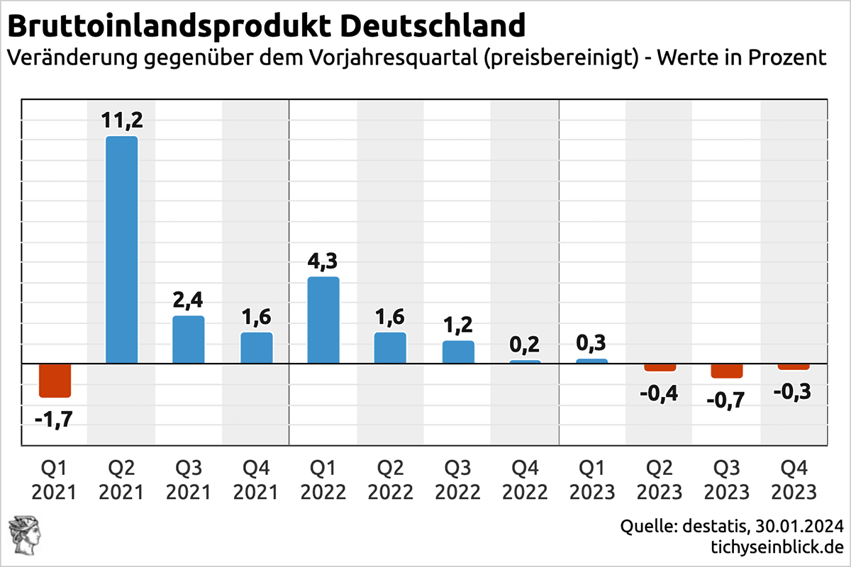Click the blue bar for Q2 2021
coord(121,249)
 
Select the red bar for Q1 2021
coord(55,381)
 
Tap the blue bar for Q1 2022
coord(323,320)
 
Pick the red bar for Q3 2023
coord(727,371)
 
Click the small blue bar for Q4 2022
coord(525,361)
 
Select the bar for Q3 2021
coord(189,339)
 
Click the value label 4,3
coord(323,262)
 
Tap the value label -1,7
coord(53,420)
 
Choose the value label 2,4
coord(189,301)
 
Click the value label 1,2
coord(458,326)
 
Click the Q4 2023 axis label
coord(793,480)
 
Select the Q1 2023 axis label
coord(591,480)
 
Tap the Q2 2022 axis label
coord(390,480)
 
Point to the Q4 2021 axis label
coord(256,480)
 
